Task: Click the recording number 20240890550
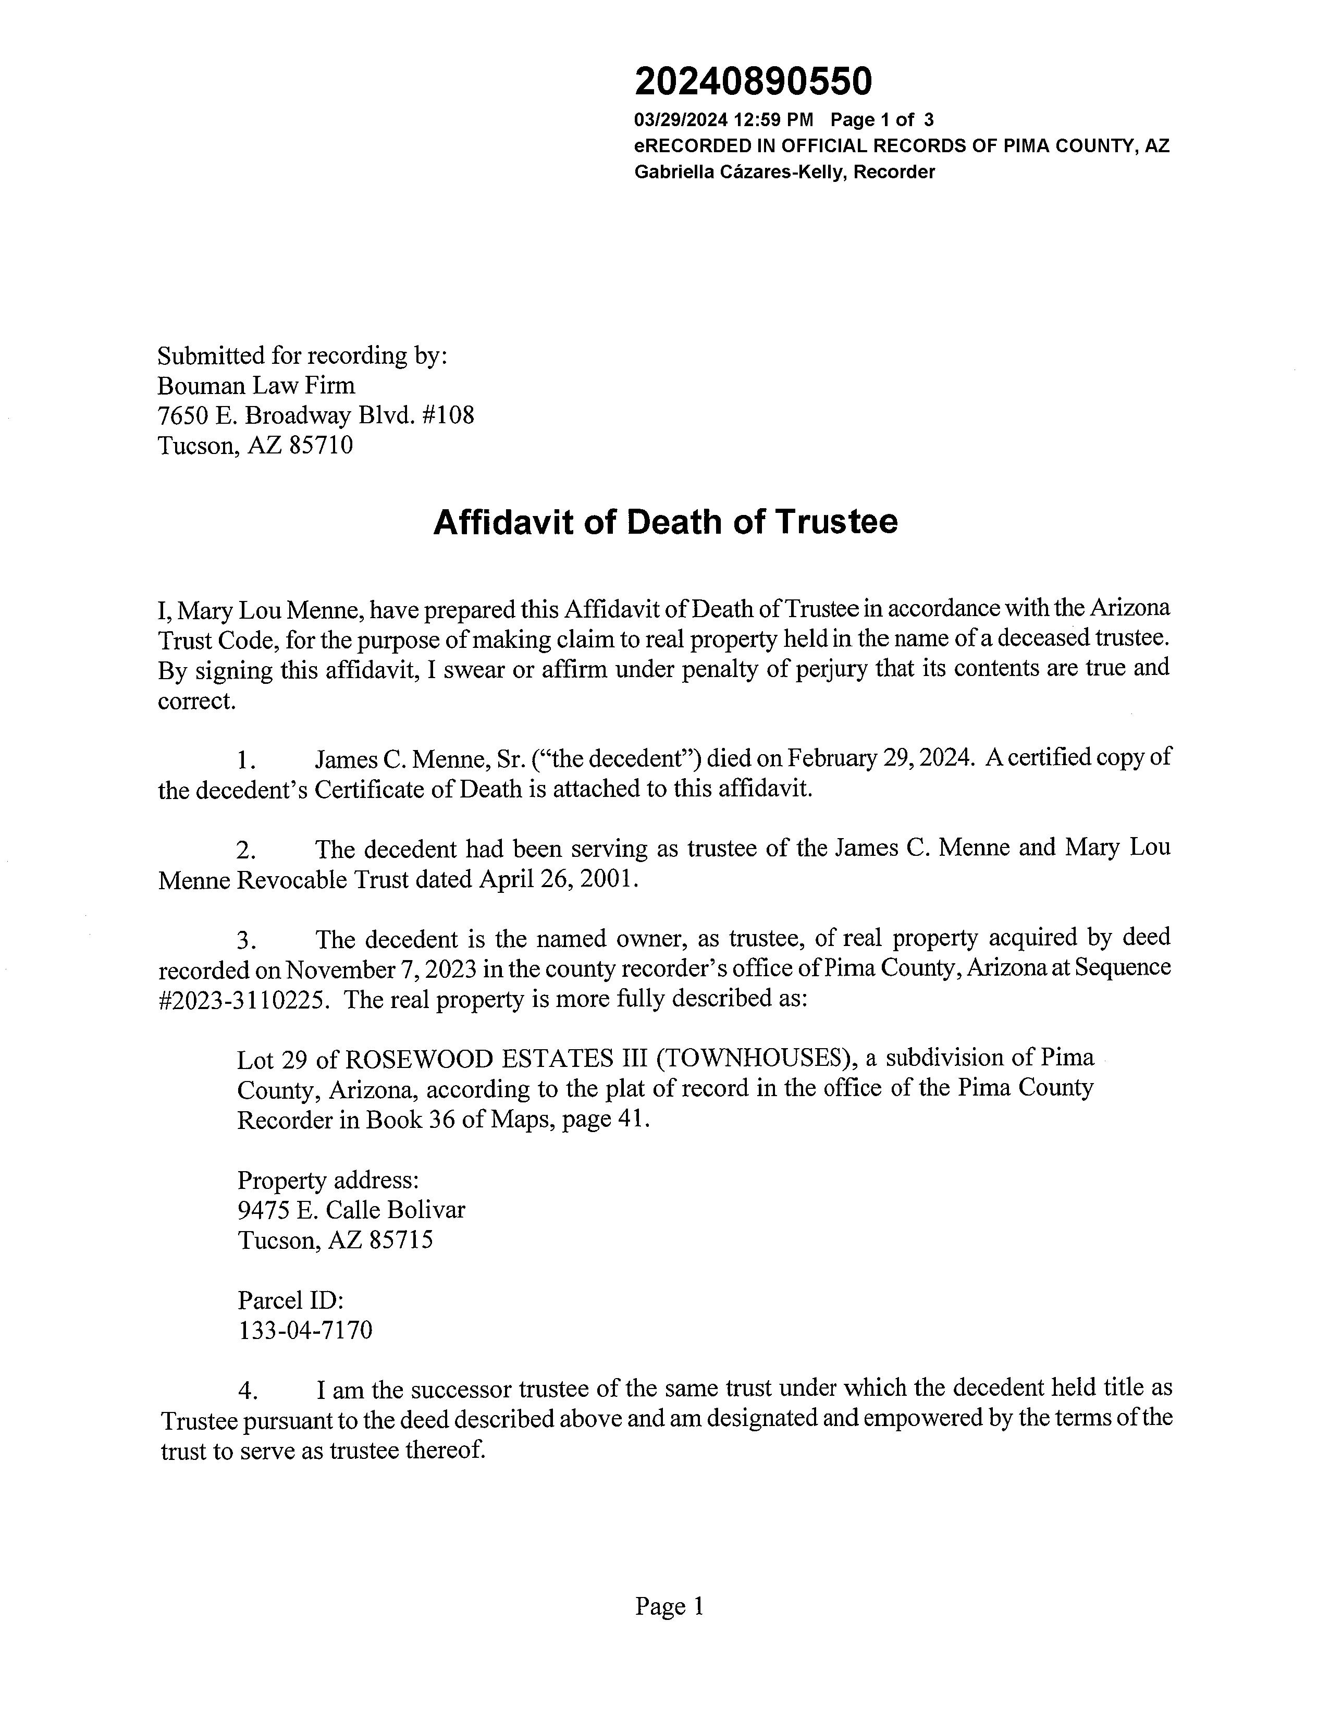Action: click(754, 82)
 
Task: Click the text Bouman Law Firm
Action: click(256, 386)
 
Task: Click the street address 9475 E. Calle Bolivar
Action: click(351, 1210)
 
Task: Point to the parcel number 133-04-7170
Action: click(305, 1331)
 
